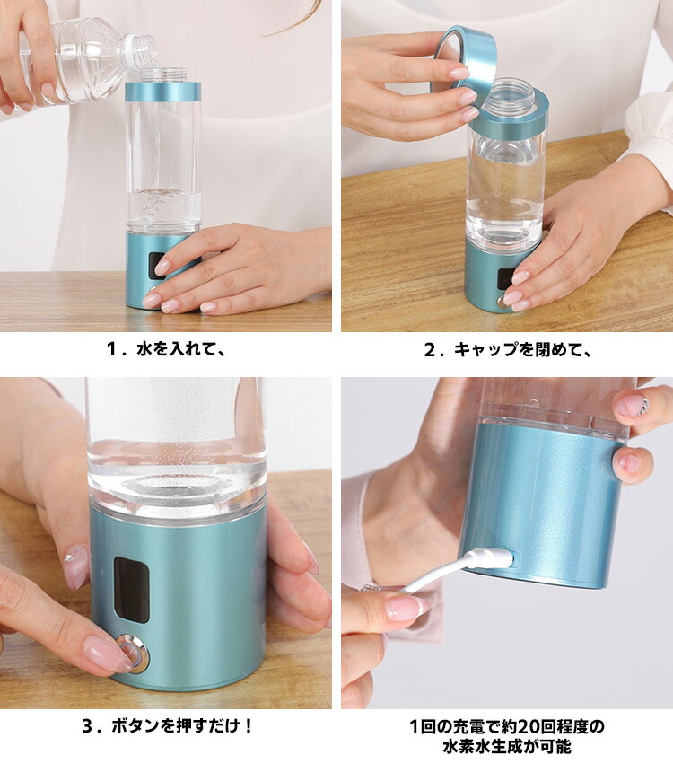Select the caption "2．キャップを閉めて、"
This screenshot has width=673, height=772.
tap(507, 349)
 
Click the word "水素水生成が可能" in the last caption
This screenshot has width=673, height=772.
tap(506, 746)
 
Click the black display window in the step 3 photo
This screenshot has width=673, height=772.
tap(132, 589)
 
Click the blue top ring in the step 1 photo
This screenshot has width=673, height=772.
tap(163, 91)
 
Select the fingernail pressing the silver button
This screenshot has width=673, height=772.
tap(107, 654)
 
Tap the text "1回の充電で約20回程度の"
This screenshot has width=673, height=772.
tap(506, 725)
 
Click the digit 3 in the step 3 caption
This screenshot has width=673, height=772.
tap(88, 726)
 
